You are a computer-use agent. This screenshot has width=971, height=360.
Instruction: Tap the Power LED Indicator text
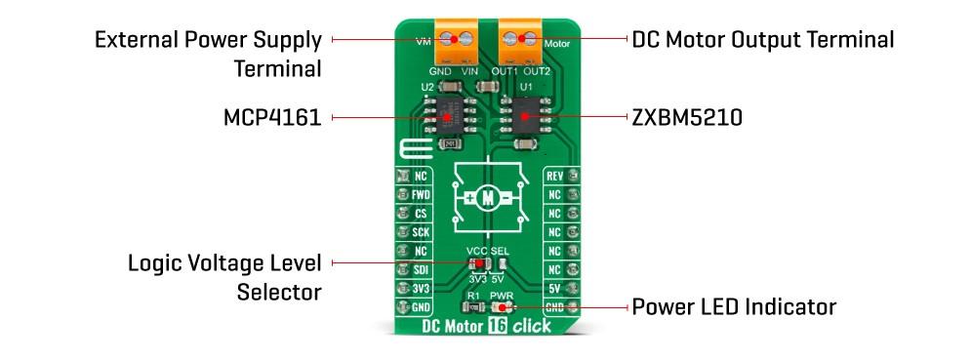[734, 307]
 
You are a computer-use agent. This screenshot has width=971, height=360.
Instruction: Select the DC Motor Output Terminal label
[762, 40]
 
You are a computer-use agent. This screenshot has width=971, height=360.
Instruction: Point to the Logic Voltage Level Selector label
[224, 277]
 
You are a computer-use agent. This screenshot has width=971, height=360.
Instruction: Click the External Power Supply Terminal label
[208, 55]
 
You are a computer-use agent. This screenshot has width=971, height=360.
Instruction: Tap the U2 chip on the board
[448, 116]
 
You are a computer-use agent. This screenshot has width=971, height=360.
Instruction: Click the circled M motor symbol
[488, 198]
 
